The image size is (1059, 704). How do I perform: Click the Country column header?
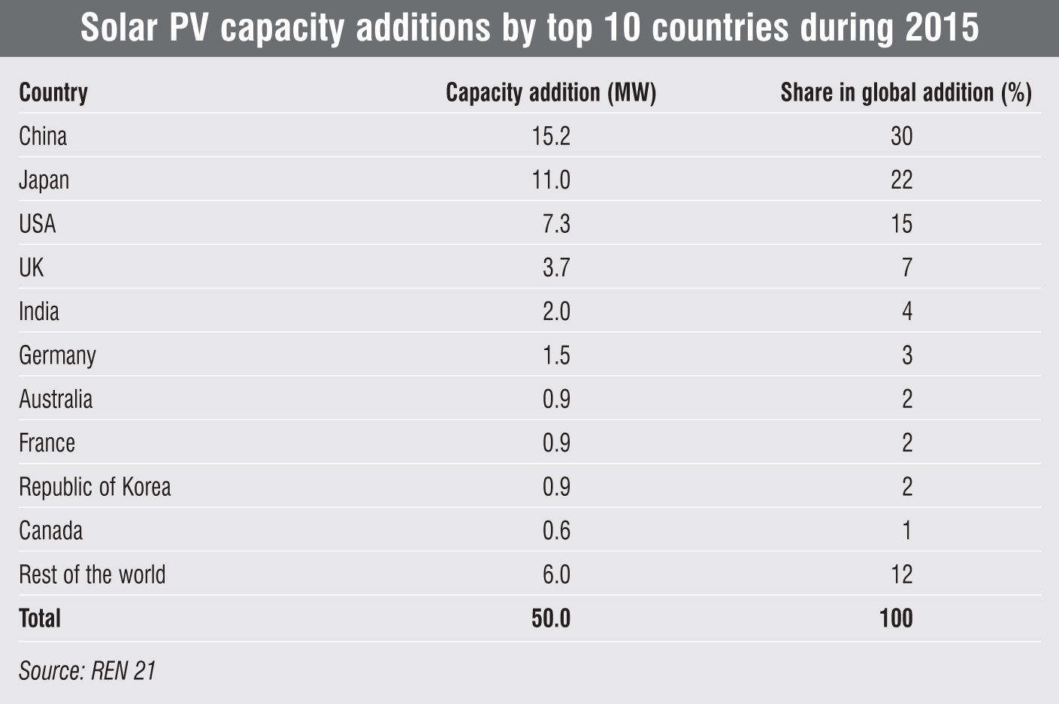click(53, 92)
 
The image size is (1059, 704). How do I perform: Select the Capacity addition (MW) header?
click(551, 92)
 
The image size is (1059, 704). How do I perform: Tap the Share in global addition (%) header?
click(906, 92)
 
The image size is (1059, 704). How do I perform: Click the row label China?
click(43, 136)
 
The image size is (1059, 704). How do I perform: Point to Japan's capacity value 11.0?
click(551, 180)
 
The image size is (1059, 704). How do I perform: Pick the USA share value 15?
click(901, 224)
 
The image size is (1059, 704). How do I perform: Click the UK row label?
click(32, 267)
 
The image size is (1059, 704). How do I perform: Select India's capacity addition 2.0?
click(556, 311)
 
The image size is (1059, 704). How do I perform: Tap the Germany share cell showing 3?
click(907, 355)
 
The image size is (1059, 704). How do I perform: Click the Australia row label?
click(56, 399)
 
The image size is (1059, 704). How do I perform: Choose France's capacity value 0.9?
click(556, 443)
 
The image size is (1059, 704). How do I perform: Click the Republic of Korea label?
click(95, 487)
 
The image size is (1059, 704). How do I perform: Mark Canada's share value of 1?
click(907, 530)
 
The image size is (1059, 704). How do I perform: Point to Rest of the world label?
click(92, 575)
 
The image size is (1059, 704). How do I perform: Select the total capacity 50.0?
click(551, 618)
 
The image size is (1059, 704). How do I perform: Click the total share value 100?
click(896, 618)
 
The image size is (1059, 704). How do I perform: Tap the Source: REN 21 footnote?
click(87, 670)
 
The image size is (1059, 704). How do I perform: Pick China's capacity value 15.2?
click(551, 136)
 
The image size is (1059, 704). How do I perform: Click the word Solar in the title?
click(118, 29)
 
